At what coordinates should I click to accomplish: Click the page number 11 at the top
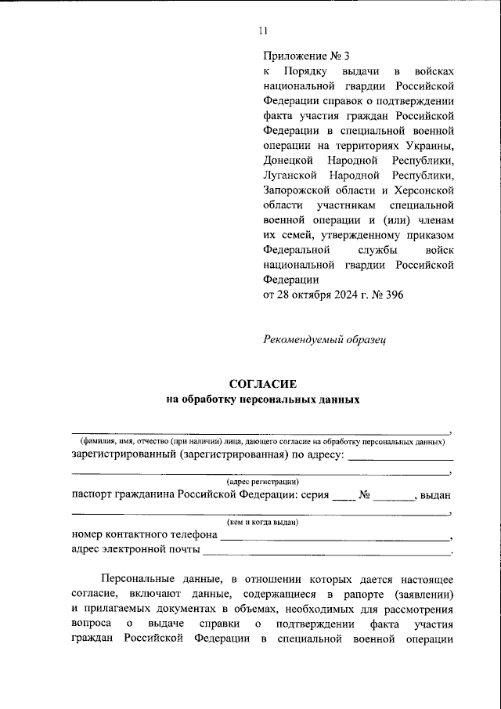pyautogui.click(x=262, y=31)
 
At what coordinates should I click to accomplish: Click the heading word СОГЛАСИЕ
pyautogui.click(x=262, y=384)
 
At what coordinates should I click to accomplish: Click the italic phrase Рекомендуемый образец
pyautogui.click(x=323, y=339)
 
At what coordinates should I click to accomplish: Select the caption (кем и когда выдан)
pyautogui.click(x=262, y=521)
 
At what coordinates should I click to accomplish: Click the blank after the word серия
pyautogui.click(x=343, y=499)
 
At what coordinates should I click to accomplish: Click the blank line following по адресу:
pyautogui.click(x=401, y=459)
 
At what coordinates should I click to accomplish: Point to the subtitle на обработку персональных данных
pyautogui.click(x=262, y=400)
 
